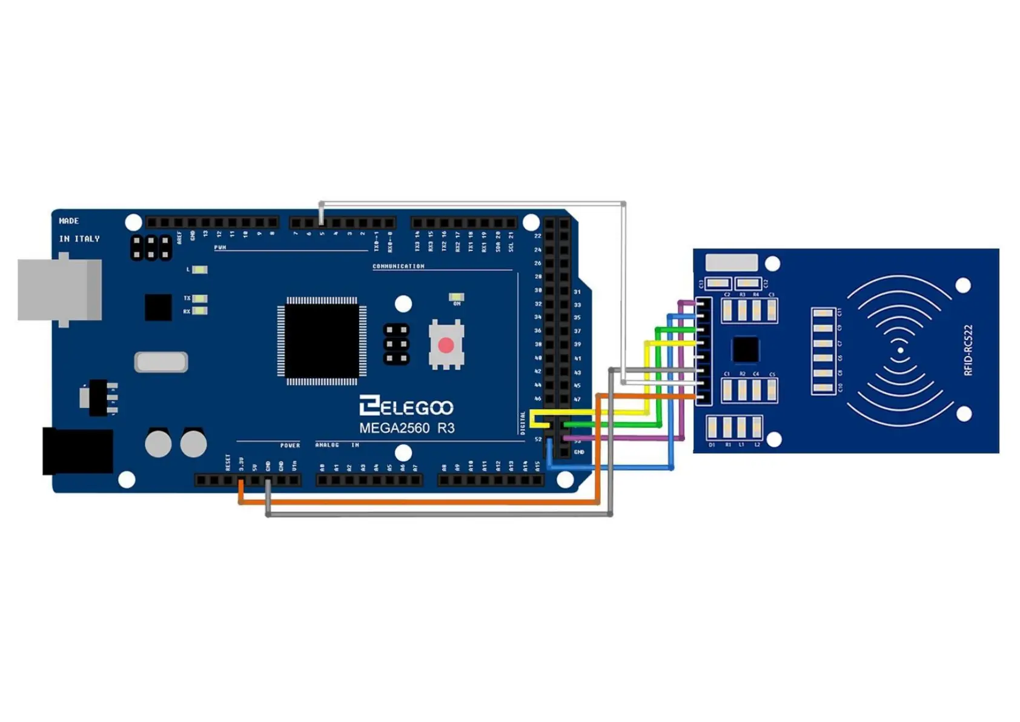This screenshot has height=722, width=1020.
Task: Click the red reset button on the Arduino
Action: pyautogui.click(x=446, y=345)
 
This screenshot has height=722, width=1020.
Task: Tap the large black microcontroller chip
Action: pyautogui.click(x=322, y=341)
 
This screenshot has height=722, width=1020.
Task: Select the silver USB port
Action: pyautogui.click(x=59, y=290)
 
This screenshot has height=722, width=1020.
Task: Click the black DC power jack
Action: pyautogui.click(x=78, y=451)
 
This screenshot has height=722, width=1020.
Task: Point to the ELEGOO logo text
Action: pyautogui.click(x=406, y=407)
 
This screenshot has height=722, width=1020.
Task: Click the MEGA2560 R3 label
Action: pyautogui.click(x=406, y=428)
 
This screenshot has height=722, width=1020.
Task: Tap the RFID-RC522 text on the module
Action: pyautogui.click(x=968, y=350)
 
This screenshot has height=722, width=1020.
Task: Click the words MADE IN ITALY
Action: pyautogui.click(x=79, y=230)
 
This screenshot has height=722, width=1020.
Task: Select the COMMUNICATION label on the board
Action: pyautogui.click(x=398, y=266)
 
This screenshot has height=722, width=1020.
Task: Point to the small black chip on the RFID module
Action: pyautogui.click(x=745, y=349)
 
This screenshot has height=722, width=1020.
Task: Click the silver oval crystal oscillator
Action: pyautogui.click(x=161, y=362)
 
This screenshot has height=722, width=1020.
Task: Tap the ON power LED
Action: pyautogui.click(x=456, y=296)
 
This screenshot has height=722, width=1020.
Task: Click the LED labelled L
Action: pyautogui.click(x=199, y=269)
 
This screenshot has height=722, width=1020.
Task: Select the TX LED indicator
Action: pyautogui.click(x=199, y=298)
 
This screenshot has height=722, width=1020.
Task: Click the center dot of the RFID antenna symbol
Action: pyautogui.click(x=901, y=350)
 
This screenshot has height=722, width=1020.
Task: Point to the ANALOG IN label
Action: pyautogui.click(x=337, y=445)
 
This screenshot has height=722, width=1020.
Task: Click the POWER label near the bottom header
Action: pyautogui.click(x=290, y=445)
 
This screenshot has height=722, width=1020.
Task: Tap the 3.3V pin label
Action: pyautogui.click(x=241, y=464)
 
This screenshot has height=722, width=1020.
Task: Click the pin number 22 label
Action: pyautogui.click(x=537, y=236)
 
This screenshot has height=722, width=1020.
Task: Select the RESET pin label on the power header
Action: pyautogui.click(x=228, y=463)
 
